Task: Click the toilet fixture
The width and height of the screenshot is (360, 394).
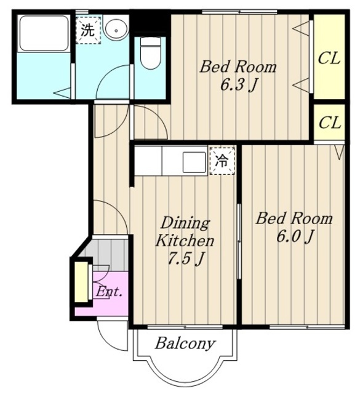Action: pyautogui.click(x=150, y=53)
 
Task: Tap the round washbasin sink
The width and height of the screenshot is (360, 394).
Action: pyautogui.click(x=116, y=29)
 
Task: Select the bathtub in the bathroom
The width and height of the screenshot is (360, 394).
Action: pyautogui.click(x=44, y=33)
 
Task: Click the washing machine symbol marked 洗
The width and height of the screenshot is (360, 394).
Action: pyautogui.click(x=89, y=30)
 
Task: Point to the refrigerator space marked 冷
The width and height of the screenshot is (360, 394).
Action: pyautogui.click(x=222, y=161)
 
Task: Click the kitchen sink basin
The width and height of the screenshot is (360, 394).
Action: pyautogui.click(x=194, y=162)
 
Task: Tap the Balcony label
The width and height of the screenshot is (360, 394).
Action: pyautogui.click(x=185, y=343)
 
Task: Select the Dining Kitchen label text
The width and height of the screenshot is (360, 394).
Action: pyautogui.click(x=185, y=231)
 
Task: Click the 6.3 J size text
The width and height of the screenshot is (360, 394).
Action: pyautogui.click(x=239, y=85)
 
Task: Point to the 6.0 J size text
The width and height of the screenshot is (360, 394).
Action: pyautogui.click(x=295, y=236)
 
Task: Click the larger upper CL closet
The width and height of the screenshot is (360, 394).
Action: pyautogui.click(x=329, y=57)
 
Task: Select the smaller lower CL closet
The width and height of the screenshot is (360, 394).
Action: pyautogui.click(x=329, y=123)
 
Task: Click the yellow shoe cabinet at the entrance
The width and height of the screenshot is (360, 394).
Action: pyautogui.click(x=81, y=282)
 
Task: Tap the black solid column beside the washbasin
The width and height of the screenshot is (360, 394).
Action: pyautogui.click(x=150, y=22)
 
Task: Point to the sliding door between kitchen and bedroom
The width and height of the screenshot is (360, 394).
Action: pyautogui.click(x=239, y=241)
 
